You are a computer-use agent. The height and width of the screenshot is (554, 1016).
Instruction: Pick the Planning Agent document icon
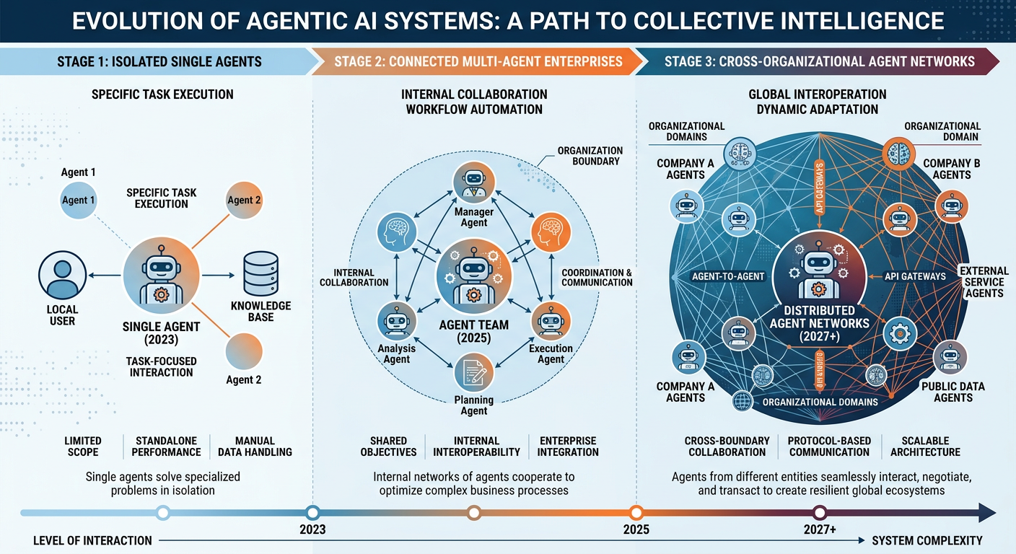point(474,373)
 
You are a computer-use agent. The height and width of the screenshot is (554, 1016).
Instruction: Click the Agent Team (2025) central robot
point(474,278)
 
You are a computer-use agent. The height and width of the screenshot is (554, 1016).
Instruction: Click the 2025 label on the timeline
point(636,529)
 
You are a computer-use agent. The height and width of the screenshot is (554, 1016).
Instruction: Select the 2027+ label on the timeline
point(820,529)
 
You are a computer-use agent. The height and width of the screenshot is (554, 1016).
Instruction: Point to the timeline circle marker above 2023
point(312,513)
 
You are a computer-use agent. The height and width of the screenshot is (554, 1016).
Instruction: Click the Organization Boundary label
point(589,156)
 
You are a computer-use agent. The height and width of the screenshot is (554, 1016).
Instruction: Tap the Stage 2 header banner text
point(477,61)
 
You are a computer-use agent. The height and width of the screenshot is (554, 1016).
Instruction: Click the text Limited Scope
point(83,446)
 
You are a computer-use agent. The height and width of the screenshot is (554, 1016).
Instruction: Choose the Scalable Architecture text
point(925,446)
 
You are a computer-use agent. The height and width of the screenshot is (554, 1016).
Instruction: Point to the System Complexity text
point(927,540)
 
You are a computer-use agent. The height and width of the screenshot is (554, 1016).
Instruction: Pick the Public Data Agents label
point(952,392)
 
